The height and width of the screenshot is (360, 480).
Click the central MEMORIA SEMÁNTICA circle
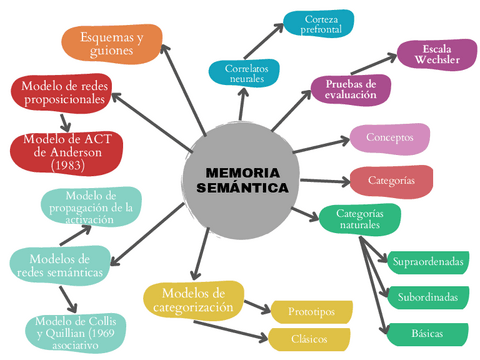(x=241, y=179)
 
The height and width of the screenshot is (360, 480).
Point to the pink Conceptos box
(x=389, y=138)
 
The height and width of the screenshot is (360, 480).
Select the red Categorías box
(x=391, y=181)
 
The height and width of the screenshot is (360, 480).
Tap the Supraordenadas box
(x=428, y=262)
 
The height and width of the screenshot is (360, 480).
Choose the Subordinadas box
(x=427, y=297)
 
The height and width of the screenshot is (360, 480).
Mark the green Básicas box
(x=427, y=332)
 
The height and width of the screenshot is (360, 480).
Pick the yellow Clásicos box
(x=310, y=339)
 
